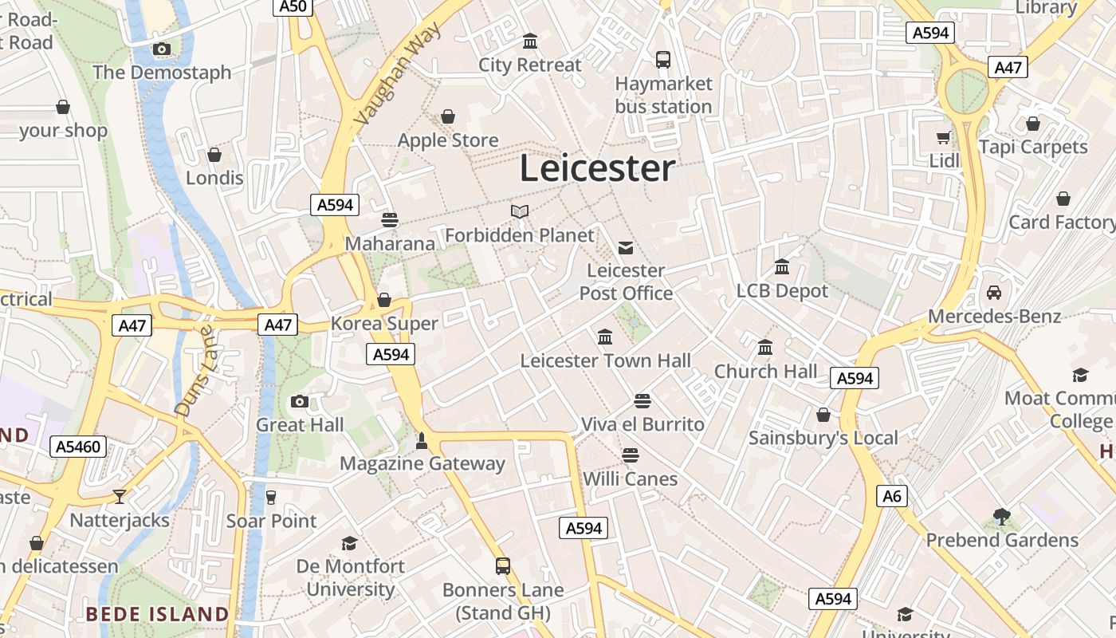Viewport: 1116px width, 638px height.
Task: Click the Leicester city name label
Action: click(x=597, y=168)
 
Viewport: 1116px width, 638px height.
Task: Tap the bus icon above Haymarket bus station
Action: click(x=662, y=59)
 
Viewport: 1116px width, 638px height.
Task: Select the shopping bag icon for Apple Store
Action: click(x=448, y=117)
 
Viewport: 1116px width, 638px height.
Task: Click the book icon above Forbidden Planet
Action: click(x=520, y=211)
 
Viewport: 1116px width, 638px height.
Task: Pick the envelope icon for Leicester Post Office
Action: click(x=626, y=247)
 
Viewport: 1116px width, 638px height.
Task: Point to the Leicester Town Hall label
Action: click(x=605, y=360)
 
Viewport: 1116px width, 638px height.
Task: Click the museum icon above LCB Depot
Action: click(x=782, y=267)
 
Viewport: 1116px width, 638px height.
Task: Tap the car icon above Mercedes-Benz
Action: click(x=994, y=293)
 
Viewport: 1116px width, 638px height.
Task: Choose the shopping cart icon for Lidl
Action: click(x=945, y=137)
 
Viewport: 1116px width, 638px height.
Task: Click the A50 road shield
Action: click(x=293, y=7)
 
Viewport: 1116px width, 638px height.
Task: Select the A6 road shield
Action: click(x=892, y=496)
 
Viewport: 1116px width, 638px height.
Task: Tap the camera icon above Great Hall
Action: click(x=300, y=401)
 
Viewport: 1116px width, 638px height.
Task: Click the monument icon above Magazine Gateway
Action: click(x=422, y=439)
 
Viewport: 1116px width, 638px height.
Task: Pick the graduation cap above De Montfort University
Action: click(x=349, y=543)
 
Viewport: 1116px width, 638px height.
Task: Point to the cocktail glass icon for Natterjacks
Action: click(x=120, y=497)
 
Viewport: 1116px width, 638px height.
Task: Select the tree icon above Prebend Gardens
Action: click(x=1002, y=517)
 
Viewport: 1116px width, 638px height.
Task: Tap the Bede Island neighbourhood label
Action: click(x=157, y=614)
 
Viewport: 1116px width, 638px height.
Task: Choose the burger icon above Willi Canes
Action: click(x=631, y=455)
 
